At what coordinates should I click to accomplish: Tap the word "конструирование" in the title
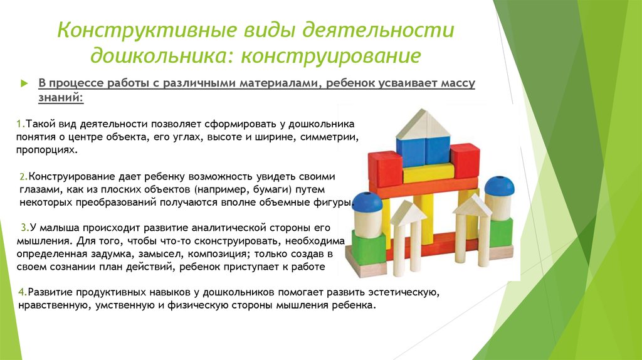[x=331, y=56]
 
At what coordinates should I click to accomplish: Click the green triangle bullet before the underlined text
[x=24, y=83]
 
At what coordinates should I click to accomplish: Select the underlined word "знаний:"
[x=61, y=98]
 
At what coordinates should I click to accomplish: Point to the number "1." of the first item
[x=21, y=124]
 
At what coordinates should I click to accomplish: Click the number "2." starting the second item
[x=24, y=177]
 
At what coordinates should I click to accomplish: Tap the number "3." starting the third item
[x=25, y=228]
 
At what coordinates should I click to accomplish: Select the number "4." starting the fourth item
[x=23, y=292]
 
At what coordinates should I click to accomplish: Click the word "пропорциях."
[x=47, y=151]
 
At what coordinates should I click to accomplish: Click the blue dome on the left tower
[x=367, y=203]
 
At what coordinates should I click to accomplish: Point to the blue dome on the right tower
[x=500, y=186]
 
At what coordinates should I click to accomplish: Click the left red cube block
[x=385, y=169]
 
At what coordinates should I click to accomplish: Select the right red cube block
[x=465, y=160]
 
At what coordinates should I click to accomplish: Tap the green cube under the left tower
[x=368, y=248]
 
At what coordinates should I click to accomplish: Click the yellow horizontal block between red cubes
[x=428, y=173]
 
